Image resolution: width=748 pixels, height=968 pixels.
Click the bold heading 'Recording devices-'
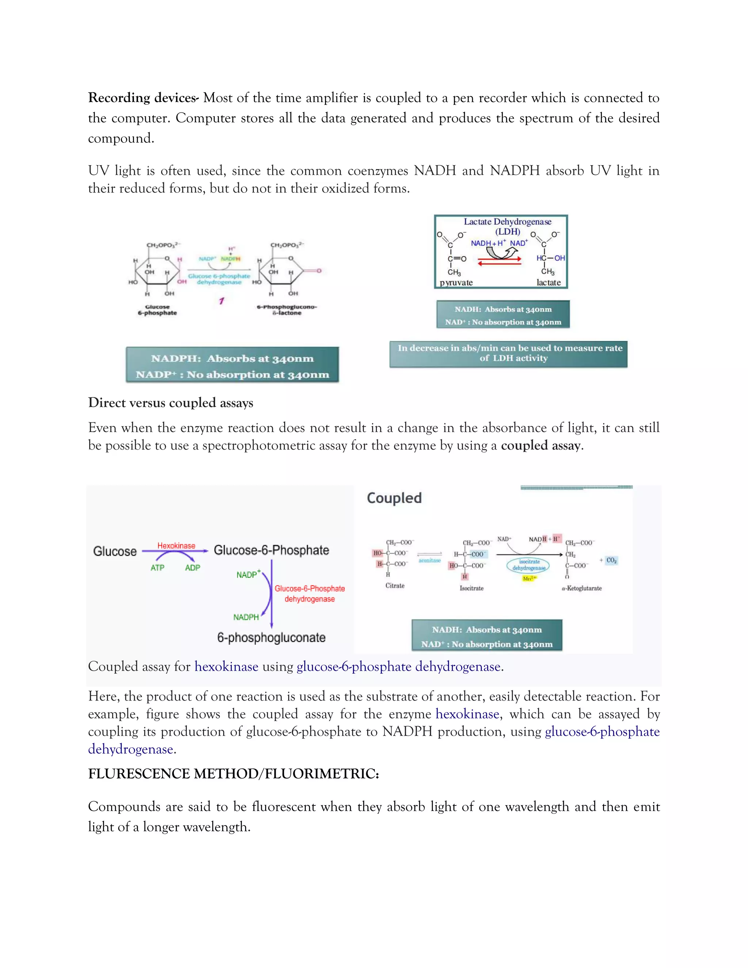point(143,98)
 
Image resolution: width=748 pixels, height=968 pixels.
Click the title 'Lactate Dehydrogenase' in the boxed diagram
point(507,222)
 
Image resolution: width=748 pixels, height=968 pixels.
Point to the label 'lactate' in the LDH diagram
point(548,283)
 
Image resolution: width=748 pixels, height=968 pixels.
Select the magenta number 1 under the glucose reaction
point(221,301)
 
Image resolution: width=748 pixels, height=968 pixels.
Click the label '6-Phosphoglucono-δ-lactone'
point(287,310)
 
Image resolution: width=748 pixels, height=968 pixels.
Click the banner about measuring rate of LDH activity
point(508,354)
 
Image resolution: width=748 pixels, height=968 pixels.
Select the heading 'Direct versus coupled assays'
point(171,403)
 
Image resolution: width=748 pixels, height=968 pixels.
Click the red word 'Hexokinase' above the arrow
point(176,546)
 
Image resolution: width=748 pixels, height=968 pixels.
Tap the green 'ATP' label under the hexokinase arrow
point(157,568)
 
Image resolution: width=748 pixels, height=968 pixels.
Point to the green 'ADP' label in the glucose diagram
point(192,568)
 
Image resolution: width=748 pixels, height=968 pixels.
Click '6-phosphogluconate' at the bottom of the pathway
point(271,638)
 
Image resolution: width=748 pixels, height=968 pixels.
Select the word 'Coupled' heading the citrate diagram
point(394,498)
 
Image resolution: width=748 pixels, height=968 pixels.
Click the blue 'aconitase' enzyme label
point(430,561)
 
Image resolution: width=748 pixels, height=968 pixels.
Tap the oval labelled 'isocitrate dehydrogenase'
point(528,565)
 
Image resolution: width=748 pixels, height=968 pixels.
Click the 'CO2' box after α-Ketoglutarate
point(611,560)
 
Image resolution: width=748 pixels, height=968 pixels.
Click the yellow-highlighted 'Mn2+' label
point(529,578)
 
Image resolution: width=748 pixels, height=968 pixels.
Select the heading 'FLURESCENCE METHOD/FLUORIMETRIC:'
point(233,774)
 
